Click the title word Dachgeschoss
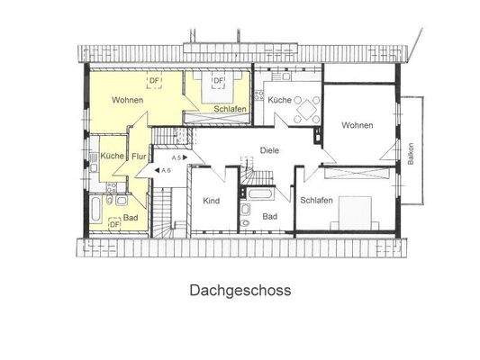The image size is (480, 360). click(x=240, y=291)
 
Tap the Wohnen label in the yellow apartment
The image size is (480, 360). click(x=128, y=100)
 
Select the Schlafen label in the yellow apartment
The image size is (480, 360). click(x=231, y=109)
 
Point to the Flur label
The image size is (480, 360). click(x=139, y=157)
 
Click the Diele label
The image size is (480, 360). click(x=268, y=150)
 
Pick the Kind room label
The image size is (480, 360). click(x=211, y=200)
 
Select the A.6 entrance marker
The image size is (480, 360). click(x=165, y=170)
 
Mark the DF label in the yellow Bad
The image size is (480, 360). click(x=114, y=221)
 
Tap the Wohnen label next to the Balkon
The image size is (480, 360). click(x=357, y=125)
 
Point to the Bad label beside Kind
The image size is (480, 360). click(x=270, y=217)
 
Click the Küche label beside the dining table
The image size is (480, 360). click(x=279, y=101)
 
